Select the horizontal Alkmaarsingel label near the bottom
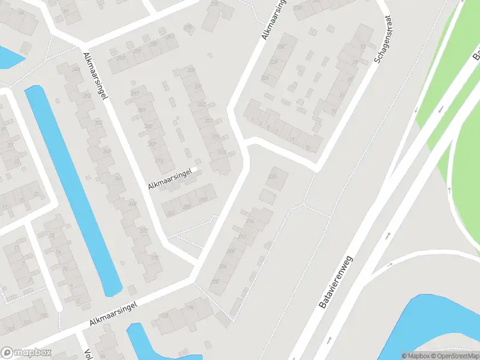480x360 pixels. (x=115, y=314)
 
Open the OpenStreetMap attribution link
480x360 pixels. (x=456, y=356)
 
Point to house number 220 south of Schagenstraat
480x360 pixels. (x=273, y=176)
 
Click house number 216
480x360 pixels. (x=250, y=222)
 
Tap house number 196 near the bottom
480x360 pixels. (x=190, y=308)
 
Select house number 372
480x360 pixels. (x=143, y=231)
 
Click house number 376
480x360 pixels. (x=155, y=258)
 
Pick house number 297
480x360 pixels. (x=134, y=93)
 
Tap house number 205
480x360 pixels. (x=187, y=207)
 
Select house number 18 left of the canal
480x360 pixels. (x=52, y=236)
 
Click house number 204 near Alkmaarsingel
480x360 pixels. (x=223, y=266)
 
